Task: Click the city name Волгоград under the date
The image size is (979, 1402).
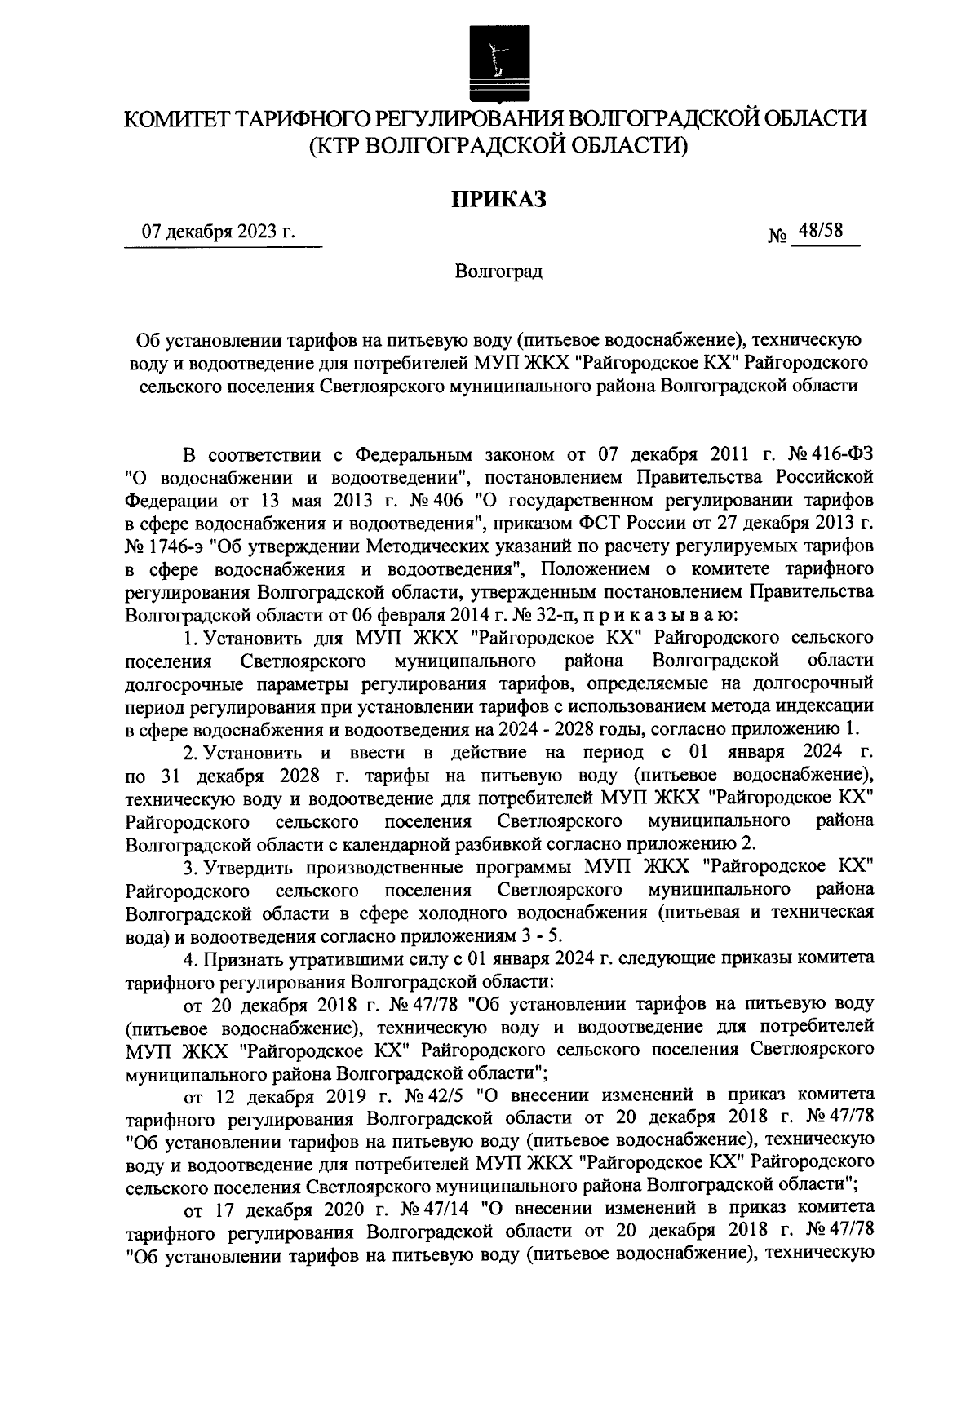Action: [498, 271]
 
